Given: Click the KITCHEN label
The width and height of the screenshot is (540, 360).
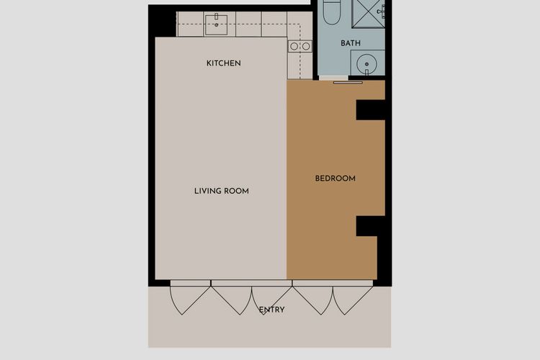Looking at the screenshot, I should click(223, 63).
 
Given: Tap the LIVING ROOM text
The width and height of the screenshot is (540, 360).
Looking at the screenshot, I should click(222, 191).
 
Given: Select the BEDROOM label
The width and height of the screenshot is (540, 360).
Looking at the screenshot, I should click(336, 179).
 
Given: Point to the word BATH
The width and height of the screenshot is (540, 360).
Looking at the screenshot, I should click(351, 43).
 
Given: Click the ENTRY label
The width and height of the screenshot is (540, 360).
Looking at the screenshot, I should click(272, 310).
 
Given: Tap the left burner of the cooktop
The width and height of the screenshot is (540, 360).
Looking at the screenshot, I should click(294, 46).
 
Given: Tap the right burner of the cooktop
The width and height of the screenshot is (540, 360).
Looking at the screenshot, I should click(305, 46).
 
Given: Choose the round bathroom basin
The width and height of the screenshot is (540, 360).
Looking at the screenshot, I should click(367, 63).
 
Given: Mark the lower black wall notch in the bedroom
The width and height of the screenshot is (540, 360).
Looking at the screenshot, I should click(369, 226).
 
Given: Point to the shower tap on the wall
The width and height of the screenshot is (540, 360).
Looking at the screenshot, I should click(383, 10).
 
